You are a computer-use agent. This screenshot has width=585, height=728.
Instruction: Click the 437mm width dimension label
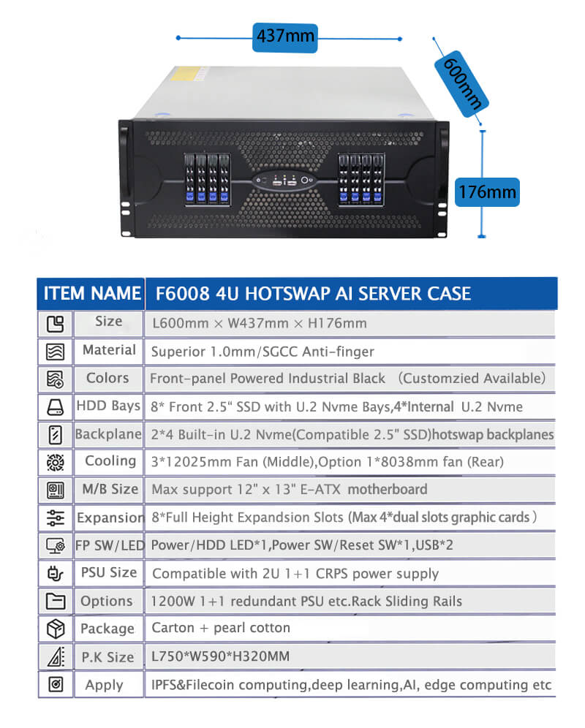click(285, 37)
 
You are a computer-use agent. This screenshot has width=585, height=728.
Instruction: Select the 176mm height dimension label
click(486, 192)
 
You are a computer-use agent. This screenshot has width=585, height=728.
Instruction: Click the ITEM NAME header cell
click(91, 293)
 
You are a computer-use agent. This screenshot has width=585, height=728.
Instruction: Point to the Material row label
click(109, 349)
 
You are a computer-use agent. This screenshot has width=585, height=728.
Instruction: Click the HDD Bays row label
click(108, 406)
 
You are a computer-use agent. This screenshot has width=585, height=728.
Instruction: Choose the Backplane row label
click(108, 434)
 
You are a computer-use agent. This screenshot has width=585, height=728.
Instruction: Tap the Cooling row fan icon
click(56, 463)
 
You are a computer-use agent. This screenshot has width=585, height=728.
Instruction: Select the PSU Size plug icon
click(56, 573)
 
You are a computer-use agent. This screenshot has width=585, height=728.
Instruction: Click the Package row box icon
click(56, 629)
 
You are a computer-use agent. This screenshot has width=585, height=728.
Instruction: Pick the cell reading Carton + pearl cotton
click(221, 628)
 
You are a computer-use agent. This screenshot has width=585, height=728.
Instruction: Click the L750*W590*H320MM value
click(220, 656)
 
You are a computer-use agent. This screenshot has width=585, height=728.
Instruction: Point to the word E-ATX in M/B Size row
click(320, 490)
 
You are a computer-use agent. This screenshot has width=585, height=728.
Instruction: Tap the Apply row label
click(104, 686)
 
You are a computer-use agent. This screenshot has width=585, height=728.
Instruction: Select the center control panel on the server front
click(285, 181)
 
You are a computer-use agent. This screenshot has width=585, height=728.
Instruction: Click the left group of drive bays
click(207, 179)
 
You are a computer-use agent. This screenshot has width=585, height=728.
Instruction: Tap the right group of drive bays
click(361, 179)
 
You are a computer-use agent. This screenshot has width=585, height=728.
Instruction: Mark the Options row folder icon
click(56, 602)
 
